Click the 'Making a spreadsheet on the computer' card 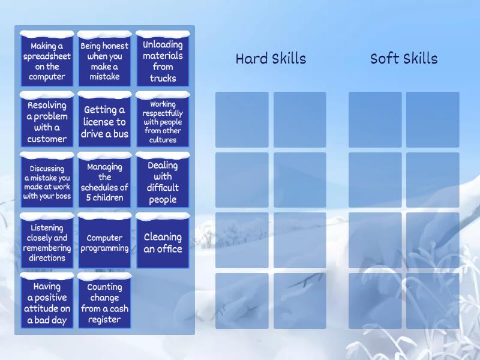tap(47, 61)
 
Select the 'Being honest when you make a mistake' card tap(104, 61)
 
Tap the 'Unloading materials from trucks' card tap(163, 61)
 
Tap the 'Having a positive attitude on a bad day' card tap(47, 303)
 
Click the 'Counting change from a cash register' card tap(104, 303)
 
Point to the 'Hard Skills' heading tap(271, 59)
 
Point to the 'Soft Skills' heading tap(404, 59)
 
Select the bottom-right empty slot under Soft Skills tap(433, 301)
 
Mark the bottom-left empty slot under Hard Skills tap(242, 301)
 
